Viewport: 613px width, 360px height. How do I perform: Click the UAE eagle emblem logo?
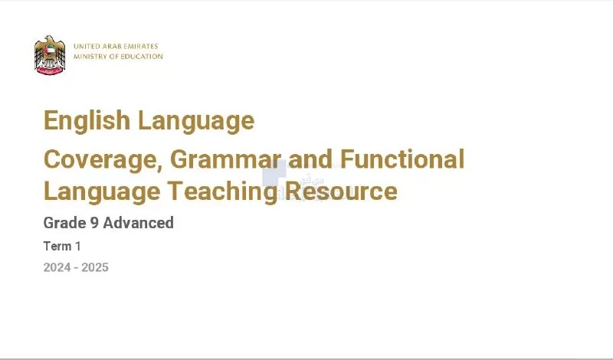[x=50, y=55]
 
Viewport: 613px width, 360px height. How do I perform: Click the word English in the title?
[x=87, y=121]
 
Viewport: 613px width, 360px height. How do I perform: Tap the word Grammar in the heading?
[x=225, y=159]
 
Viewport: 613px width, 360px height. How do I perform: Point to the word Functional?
[x=402, y=159]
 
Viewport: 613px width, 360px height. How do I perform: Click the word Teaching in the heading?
[x=223, y=191]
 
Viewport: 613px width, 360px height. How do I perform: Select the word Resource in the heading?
[x=341, y=191]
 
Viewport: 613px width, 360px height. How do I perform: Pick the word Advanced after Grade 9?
[x=139, y=223]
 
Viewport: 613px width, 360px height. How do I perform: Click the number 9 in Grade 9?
[x=94, y=223]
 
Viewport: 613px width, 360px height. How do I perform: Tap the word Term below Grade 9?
[x=57, y=246]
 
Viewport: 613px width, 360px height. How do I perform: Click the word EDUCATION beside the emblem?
[x=142, y=56]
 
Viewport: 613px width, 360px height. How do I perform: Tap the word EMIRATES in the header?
[x=141, y=46]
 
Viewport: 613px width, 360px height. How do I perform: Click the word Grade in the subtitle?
[x=65, y=223]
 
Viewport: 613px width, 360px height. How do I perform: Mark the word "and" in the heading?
[x=310, y=159]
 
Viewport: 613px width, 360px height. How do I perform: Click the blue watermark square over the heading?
[x=274, y=173]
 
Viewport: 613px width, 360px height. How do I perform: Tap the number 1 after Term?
[x=78, y=246]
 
